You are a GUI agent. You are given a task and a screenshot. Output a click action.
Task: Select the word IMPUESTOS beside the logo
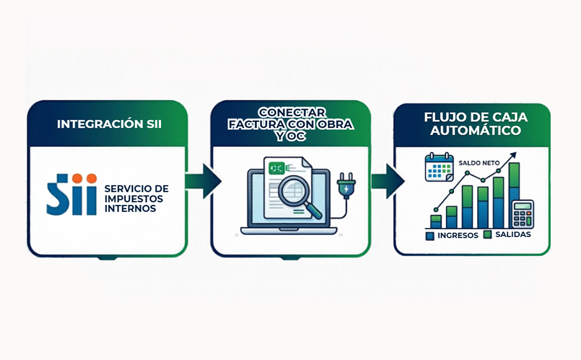(x=133, y=199)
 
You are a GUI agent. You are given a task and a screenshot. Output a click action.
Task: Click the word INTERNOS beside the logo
(x=130, y=208)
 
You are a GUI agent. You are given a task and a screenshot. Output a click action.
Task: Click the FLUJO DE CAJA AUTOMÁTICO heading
(x=472, y=124)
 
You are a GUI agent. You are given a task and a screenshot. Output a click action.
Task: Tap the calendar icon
(x=439, y=167)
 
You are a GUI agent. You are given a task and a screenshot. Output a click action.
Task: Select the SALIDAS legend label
(x=513, y=234)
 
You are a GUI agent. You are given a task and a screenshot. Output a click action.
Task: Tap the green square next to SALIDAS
(x=487, y=234)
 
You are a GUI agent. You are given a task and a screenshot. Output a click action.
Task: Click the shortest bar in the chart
(x=436, y=221)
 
